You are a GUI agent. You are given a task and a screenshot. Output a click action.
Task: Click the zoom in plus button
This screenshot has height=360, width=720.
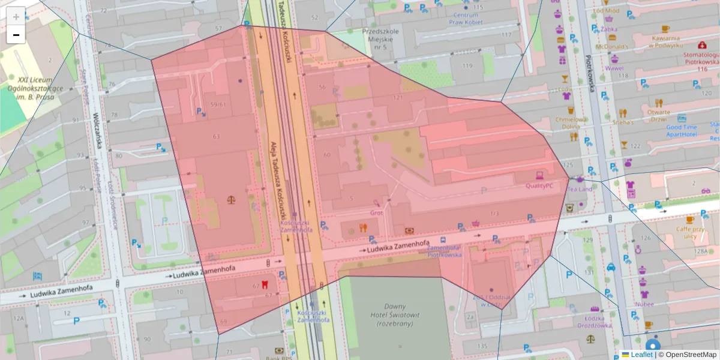click(x=16, y=16)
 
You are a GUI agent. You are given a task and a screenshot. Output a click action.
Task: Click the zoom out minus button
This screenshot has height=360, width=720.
click(x=16, y=35)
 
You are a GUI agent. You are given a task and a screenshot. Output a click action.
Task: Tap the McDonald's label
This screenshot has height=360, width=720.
click(x=611, y=46)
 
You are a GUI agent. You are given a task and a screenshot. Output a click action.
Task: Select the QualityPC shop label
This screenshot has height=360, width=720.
click(x=539, y=186)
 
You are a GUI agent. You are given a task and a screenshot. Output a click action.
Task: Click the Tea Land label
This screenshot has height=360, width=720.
click(x=580, y=189)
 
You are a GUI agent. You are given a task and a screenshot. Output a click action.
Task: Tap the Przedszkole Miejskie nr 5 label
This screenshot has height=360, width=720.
click(x=377, y=39)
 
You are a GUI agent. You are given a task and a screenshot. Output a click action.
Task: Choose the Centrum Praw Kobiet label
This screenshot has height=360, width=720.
click(x=466, y=19)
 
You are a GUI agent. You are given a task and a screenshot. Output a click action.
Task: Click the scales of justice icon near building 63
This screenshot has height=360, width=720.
click(x=232, y=199)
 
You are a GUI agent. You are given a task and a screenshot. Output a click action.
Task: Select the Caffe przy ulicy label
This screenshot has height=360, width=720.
click(x=689, y=232)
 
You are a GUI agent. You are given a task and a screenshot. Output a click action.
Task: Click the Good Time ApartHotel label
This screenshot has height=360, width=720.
click(x=682, y=131)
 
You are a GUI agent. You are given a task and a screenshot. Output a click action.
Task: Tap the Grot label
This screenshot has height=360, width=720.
click(x=376, y=212)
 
